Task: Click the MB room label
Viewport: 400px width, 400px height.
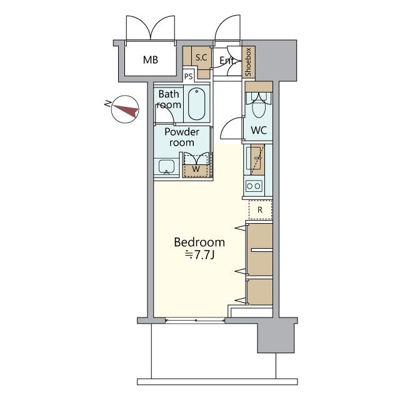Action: [151, 60]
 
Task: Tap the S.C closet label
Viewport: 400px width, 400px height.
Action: [201, 57]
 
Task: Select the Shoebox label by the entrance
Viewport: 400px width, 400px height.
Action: [249, 62]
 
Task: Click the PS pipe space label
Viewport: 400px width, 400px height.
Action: [189, 76]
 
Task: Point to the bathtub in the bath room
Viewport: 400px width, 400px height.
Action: [196, 104]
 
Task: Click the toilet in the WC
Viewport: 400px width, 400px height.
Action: [259, 105]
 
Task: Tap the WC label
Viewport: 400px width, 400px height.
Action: [259, 131]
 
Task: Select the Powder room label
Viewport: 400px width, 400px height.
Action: [182, 137]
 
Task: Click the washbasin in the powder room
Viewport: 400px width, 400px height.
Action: [167, 167]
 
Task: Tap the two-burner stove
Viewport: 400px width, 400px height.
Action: [254, 186]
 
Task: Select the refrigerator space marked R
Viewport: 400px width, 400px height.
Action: [260, 210]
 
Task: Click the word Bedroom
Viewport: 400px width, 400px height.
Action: [199, 242]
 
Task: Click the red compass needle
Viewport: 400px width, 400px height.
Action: [125, 110]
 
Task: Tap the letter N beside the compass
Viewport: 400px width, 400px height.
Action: [108, 104]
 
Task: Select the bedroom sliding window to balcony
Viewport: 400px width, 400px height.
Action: [195, 320]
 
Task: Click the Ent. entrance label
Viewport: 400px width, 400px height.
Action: [227, 61]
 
